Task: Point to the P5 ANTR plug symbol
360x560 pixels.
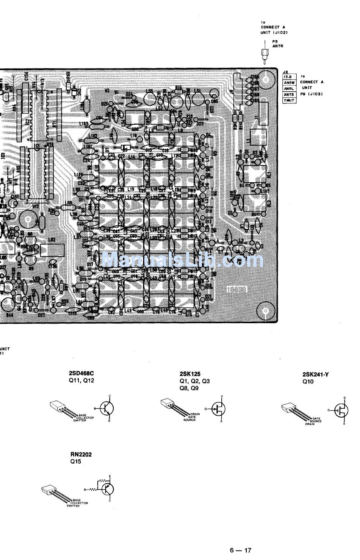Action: pyautogui.click(x=262, y=54)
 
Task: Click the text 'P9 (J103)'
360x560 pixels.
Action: pyautogui.click(x=311, y=94)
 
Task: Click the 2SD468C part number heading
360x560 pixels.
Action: pyautogui.click(x=81, y=373)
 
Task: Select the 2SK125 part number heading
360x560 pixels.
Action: pyautogui.click(x=189, y=374)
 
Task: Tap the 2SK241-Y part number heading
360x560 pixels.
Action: pyautogui.click(x=316, y=375)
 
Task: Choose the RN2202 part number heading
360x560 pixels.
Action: pyautogui.click(x=81, y=454)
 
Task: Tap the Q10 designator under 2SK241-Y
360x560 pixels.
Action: pyautogui.click(x=308, y=382)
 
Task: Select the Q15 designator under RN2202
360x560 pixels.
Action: pyautogui.click(x=76, y=461)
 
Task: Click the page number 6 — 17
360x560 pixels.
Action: pyautogui.click(x=240, y=550)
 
